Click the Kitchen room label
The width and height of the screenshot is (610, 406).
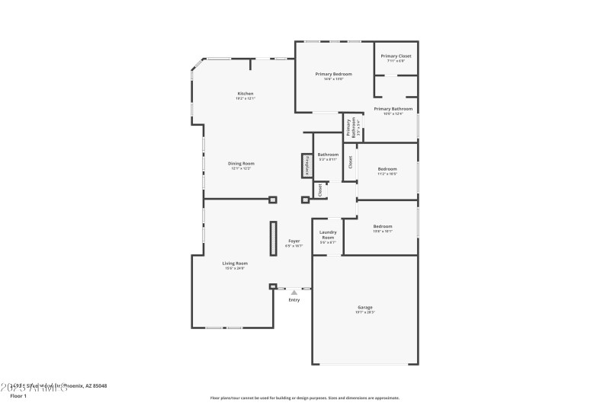click(x=245, y=94)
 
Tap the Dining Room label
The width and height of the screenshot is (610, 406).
click(x=241, y=163)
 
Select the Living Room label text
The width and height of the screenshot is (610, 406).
click(x=235, y=263)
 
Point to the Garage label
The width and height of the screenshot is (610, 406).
click(x=364, y=307)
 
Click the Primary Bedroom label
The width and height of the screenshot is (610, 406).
click(x=333, y=74)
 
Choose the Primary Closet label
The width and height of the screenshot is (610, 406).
click(x=396, y=56)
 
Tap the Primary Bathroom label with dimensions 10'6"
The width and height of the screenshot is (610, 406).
click(x=393, y=109)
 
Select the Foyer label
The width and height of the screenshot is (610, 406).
click(x=294, y=241)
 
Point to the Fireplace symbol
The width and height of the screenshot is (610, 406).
click(x=307, y=166)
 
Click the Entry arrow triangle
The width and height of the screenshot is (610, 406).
click(x=294, y=291)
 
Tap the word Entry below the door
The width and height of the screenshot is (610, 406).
click(x=294, y=299)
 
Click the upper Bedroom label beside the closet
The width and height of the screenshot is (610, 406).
click(x=387, y=168)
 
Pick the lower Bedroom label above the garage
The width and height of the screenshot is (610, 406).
click(x=382, y=226)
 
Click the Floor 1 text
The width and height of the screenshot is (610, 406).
click(x=18, y=396)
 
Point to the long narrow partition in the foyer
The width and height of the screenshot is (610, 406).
click(x=272, y=239)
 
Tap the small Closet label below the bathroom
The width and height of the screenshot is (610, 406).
click(x=320, y=190)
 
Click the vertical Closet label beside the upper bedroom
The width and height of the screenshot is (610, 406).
click(x=350, y=161)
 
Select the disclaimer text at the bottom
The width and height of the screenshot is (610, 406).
click(x=304, y=398)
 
